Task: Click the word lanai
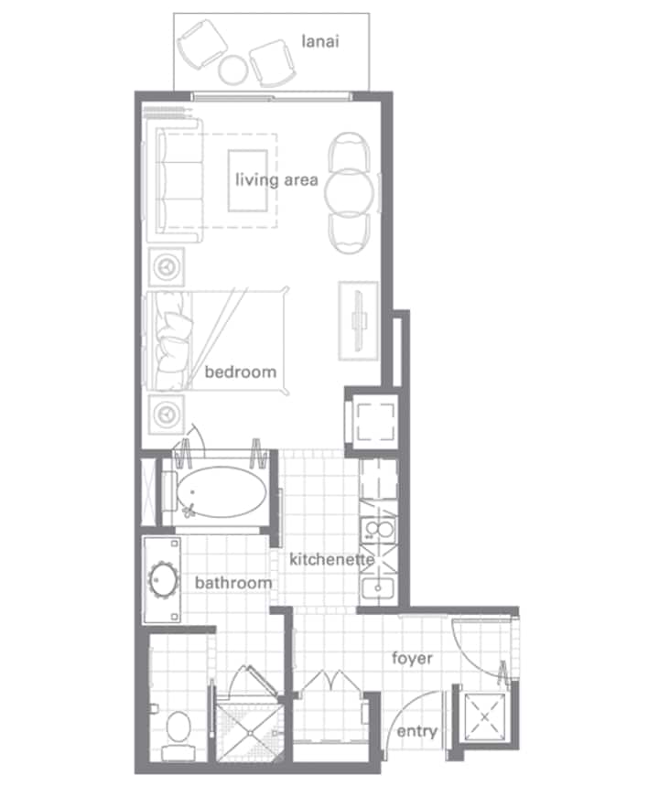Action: tap(320, 41)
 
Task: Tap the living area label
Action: tap(276, 180)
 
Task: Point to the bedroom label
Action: tap(240, 371)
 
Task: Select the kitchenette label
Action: tap(331, 559)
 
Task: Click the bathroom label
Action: tap(233, 583)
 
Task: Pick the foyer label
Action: tap(412, 658)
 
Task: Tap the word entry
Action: tap(416, 732)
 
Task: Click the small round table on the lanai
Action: tap(232, 70)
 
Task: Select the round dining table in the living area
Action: tap(349, 193)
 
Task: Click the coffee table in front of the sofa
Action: tap(247, 181)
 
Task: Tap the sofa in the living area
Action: tap(175, 180)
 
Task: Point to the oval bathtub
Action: tap(221, 493)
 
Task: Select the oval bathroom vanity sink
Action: tap(163, 580)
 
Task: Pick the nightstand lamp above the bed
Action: tap(166, 266)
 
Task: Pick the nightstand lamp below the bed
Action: tap(166, 415)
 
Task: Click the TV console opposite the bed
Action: tap(358, 321)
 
